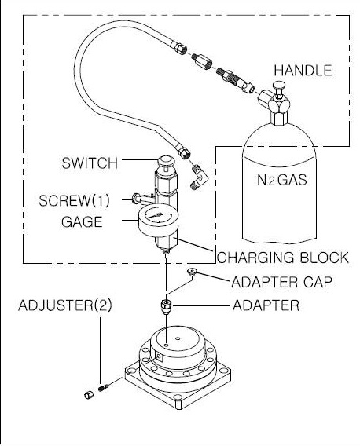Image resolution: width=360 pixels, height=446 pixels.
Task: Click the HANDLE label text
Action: click(x=303, y=71)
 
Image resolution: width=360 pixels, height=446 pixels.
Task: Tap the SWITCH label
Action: click(x=90, y=163)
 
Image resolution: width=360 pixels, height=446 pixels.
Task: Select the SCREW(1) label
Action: click(x=74, y=200)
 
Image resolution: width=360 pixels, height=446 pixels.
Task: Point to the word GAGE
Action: click(x=82, y=222)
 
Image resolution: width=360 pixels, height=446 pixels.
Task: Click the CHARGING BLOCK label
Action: click(x=283, y=258)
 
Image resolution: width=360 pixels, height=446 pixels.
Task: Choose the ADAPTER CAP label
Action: click(x=281, y=282)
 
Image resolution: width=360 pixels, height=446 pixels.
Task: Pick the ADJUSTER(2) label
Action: click(x=65, y=305)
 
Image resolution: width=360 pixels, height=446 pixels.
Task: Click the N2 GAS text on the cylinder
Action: click(x=282, y=180)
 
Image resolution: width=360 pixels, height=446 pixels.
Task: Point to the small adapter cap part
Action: click(x=191, y=272)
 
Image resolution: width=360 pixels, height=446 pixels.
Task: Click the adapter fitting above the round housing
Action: click(x=167, y=306)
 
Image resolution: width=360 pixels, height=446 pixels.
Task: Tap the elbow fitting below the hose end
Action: click(x=199, y=178)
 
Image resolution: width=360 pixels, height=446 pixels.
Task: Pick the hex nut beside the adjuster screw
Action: click(x=89, y=395)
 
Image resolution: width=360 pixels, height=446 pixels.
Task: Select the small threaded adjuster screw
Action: click(x=104, y=387)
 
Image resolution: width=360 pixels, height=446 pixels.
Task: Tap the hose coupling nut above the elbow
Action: click(x=185, y=154)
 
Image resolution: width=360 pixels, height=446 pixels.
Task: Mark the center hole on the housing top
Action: click(x=178, y=338)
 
